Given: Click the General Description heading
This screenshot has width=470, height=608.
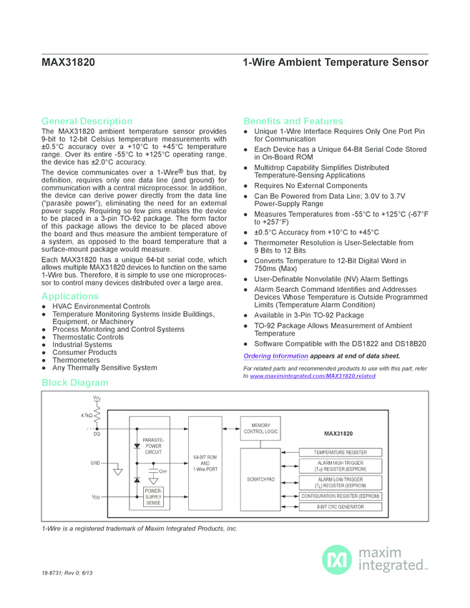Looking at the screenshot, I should [87, 121].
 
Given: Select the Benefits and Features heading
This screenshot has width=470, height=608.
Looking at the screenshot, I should [293, 121].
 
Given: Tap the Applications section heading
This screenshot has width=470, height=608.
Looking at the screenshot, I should [70, 296].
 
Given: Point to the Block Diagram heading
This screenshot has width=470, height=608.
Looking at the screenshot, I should [75, 383].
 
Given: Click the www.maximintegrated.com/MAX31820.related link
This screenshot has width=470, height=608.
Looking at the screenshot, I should [312, 376].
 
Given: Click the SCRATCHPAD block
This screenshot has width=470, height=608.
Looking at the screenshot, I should [260, 479].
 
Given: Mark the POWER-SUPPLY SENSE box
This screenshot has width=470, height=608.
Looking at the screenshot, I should [153, 497].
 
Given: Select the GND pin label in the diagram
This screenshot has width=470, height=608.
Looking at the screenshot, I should [94, 463].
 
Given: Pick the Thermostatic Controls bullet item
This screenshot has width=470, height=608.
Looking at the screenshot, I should [88, 337].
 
